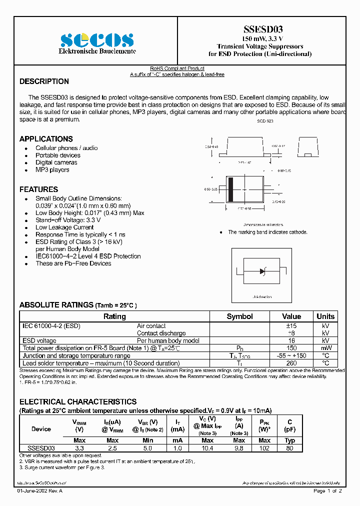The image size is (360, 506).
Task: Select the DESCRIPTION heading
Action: pos(44,81)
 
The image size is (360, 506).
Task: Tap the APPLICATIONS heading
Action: pos(46,139)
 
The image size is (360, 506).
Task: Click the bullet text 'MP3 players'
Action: pos(52,170)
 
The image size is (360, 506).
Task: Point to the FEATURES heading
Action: pos(38,189)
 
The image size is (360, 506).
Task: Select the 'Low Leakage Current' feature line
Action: pos(64,227)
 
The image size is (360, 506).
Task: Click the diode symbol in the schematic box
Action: pos(262,271)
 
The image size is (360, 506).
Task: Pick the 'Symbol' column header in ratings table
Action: pos(239,316)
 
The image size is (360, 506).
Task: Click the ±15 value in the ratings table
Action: pos(291,326)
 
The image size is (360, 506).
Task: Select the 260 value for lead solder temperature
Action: pos(291,363)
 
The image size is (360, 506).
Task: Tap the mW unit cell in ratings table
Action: pos(325,348)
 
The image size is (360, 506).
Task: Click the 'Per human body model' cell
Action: pos(168,340)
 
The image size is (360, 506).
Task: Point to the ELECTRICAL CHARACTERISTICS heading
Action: pos(78,401)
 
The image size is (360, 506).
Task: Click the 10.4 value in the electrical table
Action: pos(207,448)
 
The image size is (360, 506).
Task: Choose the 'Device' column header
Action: pos(41,429)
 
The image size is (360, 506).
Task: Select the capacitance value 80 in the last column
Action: pos(290,448)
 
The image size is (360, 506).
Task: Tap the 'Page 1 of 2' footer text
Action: pos(327,491)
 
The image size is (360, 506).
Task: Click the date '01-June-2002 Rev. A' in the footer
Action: pos(40,491)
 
